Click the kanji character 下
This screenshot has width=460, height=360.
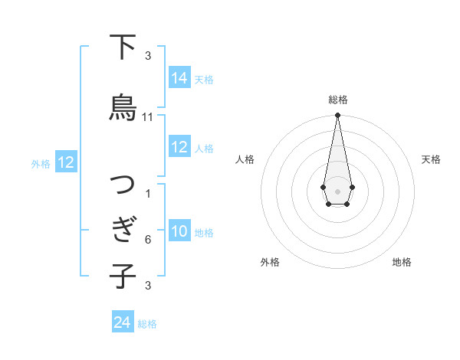pyautogui.click(x=123, y=48)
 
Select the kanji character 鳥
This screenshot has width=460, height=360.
pyautogui.click(x=123, y=108)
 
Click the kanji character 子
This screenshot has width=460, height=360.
pyautogui.click(x=123, y=277)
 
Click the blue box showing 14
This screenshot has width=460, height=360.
pyautogui.click(x=179, y=77)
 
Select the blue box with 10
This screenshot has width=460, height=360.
pyautogui.click(x=179, y=232)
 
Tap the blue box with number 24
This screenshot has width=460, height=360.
pyautogui.click(x=123, y=322)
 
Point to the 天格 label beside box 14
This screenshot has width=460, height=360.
pyautogui.click(x=204, y=79)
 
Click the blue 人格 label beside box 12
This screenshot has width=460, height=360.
pyautogui.click(x=204, y=148)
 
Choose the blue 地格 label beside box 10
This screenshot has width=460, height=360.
pyautogui.click(x=204, y=233)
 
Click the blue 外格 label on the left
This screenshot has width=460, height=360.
pyautogui.click(x=41, y=163)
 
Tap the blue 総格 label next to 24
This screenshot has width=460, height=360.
pyautogui.click(x=147, y=324)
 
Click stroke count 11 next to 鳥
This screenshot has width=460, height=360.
pyautogui.click(x=148, y=117)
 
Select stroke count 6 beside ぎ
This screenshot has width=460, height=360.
pyautogui.click(x=148, y=240)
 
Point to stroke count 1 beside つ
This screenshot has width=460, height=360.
pyautogui.click(x=148, y=194)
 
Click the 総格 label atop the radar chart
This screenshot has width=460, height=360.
pyautogui.click(x=337, y=100)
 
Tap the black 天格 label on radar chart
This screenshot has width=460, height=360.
pyautogui.click(x=431, y=159)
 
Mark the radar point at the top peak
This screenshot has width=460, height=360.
pyautogui.click(x=337, y=116)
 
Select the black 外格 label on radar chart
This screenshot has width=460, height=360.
pyautogui.click(x=270, y=262)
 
